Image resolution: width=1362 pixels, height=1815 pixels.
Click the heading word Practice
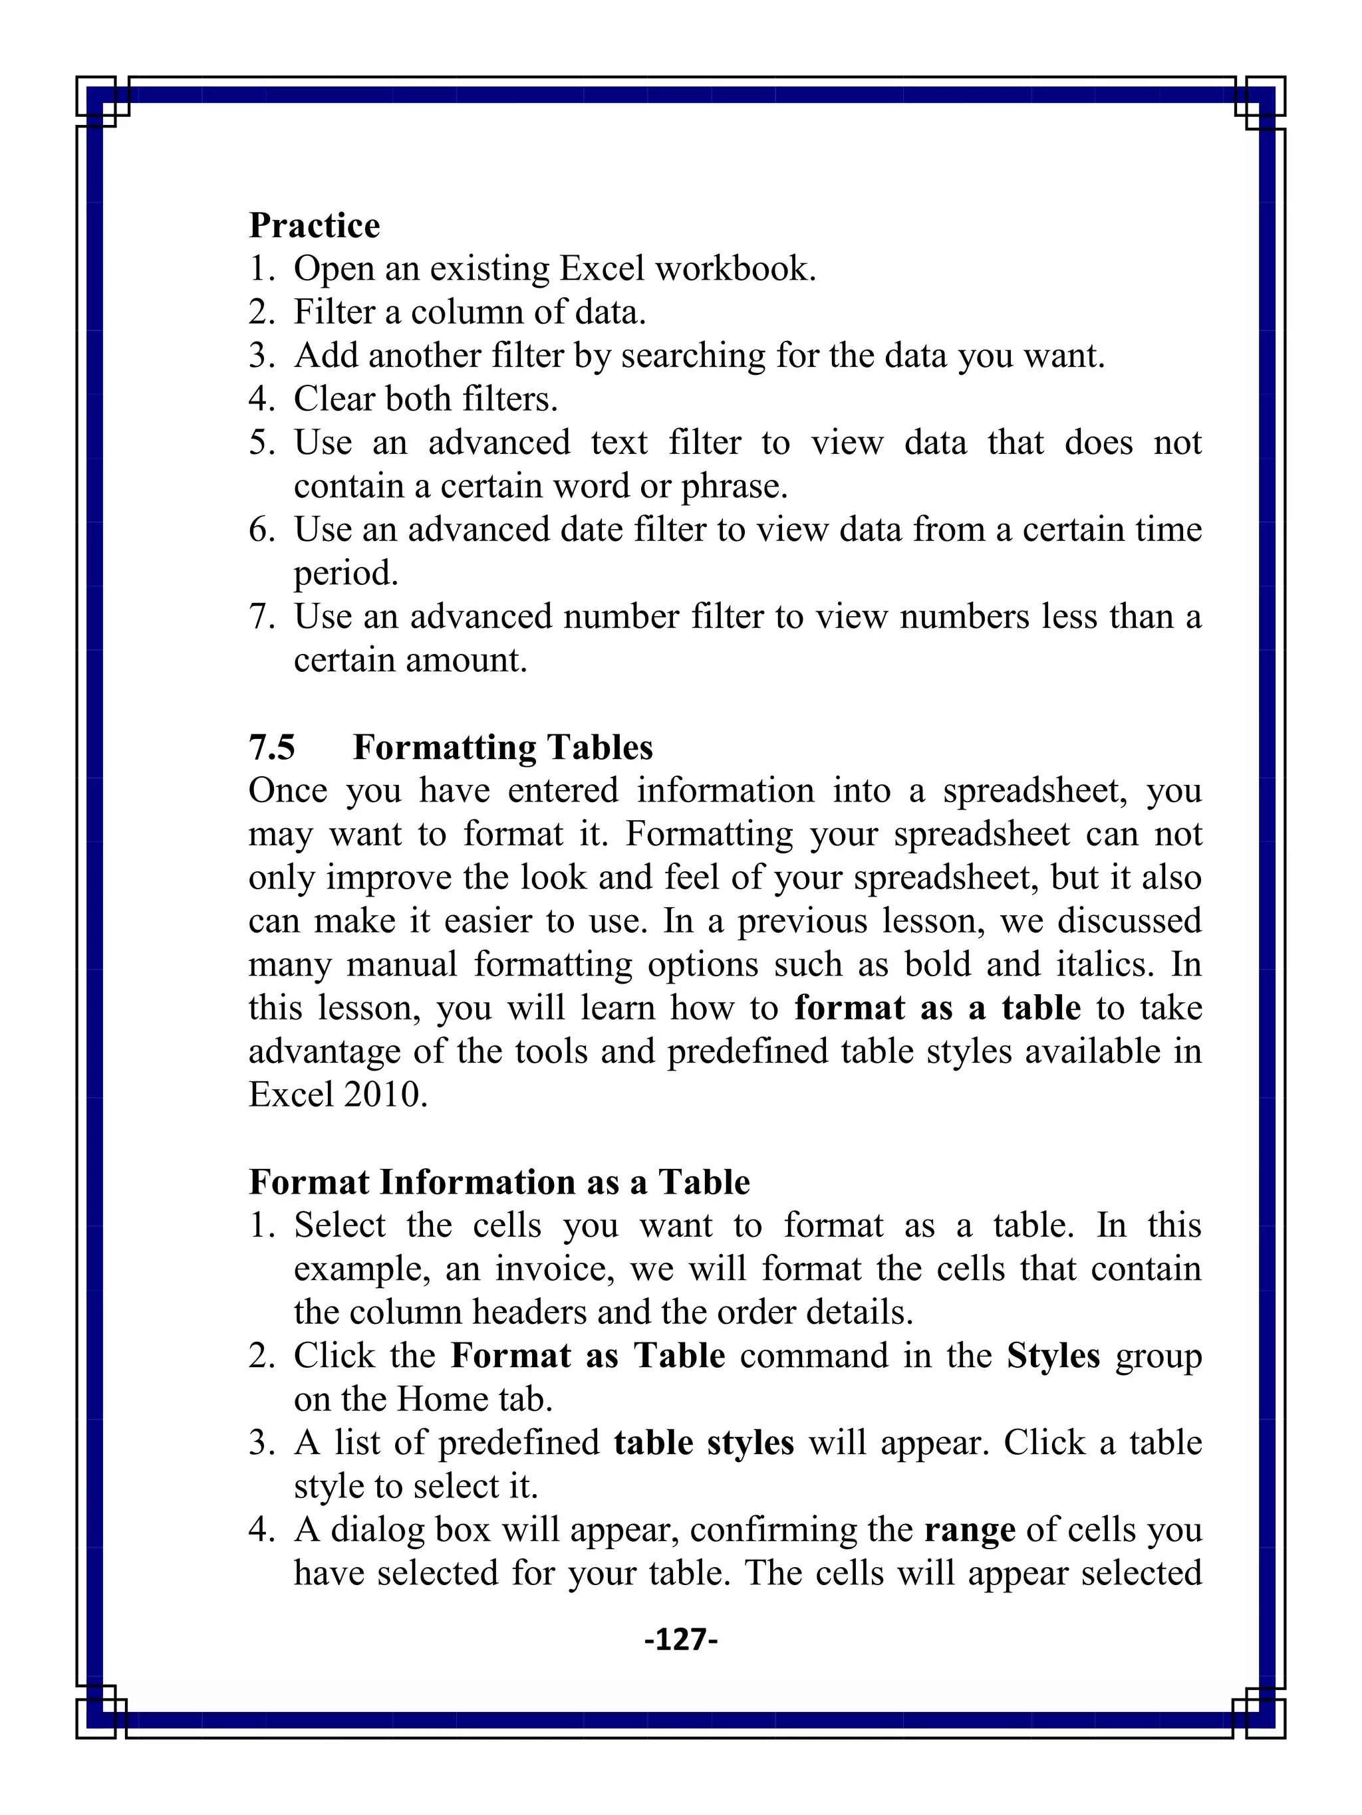[x=315, y=226]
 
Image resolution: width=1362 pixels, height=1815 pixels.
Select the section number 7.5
[x=272, y=748]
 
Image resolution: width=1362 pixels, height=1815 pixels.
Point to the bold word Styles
[x=1053, y=1356]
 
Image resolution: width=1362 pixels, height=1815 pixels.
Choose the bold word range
[x=970, y=1529]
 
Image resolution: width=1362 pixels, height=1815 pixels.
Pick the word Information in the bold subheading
[x=477, y=1182]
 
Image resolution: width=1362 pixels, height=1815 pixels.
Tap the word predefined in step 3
[x=519, y=1442]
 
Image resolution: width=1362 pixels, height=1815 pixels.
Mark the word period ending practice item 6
[x=346, y=574]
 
